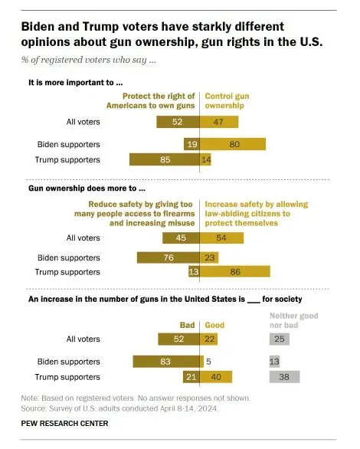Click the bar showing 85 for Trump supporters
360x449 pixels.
pos(164,159)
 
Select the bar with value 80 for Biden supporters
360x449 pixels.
pos(233,143)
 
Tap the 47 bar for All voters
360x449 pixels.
pos(219,121)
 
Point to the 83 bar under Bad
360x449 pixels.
pos(166,360)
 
